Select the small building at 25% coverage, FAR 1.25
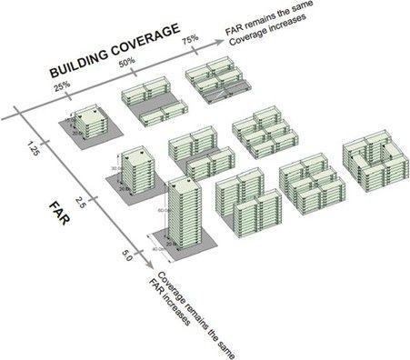tap(89, 123)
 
